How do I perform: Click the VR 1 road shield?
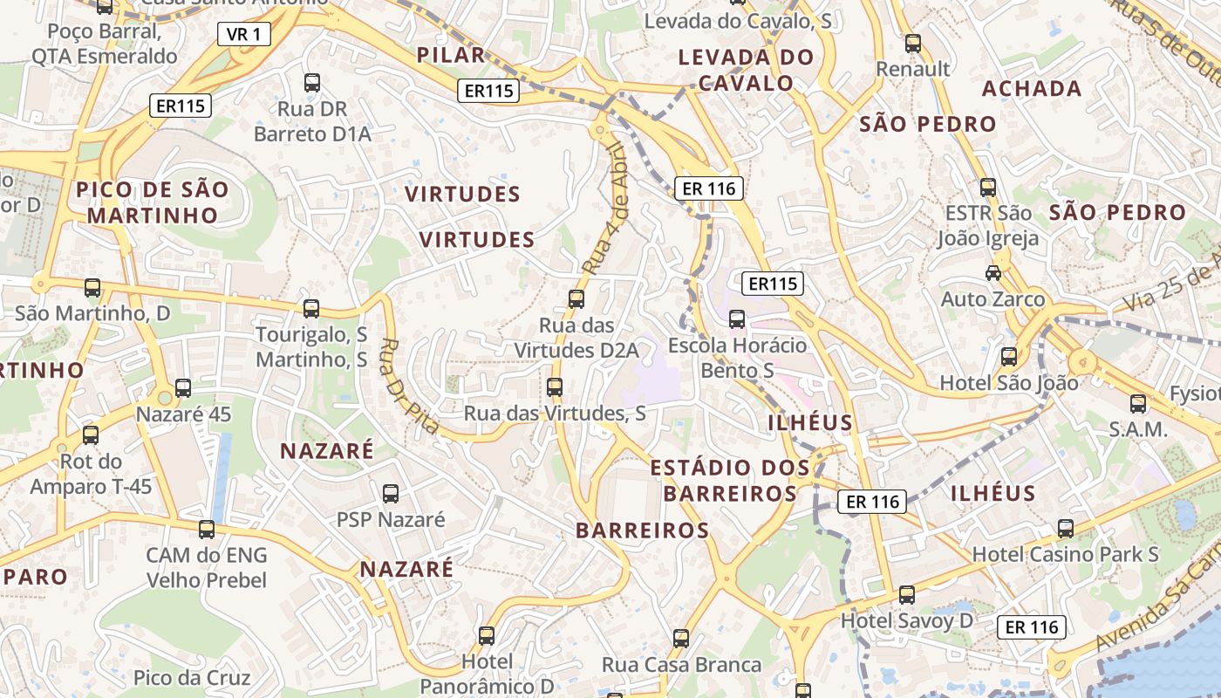(x=243, y=34)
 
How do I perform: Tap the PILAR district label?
(x=450, y=56)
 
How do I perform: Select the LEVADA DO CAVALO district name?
(x=747, y=71)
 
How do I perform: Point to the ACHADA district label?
(x=1032, y=89)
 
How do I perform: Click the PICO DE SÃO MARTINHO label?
(x=153, y=202)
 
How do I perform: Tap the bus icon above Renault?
(x=913, y=43)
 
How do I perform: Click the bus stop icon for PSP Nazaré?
(x=391, y=494)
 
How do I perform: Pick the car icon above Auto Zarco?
(x=992, y=273)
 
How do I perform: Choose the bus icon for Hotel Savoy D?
(x=907, y=595)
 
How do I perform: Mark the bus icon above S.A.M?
(x=1138, y=403)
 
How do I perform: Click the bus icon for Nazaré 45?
(x=183, y=388)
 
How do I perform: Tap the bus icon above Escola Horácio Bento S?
(x=737, y=319)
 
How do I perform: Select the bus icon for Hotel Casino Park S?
(x=1066, y=528)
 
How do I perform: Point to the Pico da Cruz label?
(x=192, y=678)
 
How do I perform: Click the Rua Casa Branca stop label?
(x=681, y=665)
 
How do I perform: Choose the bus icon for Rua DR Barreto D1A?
(x=312, y=83)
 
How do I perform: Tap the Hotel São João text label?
(x=1008, y=382)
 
